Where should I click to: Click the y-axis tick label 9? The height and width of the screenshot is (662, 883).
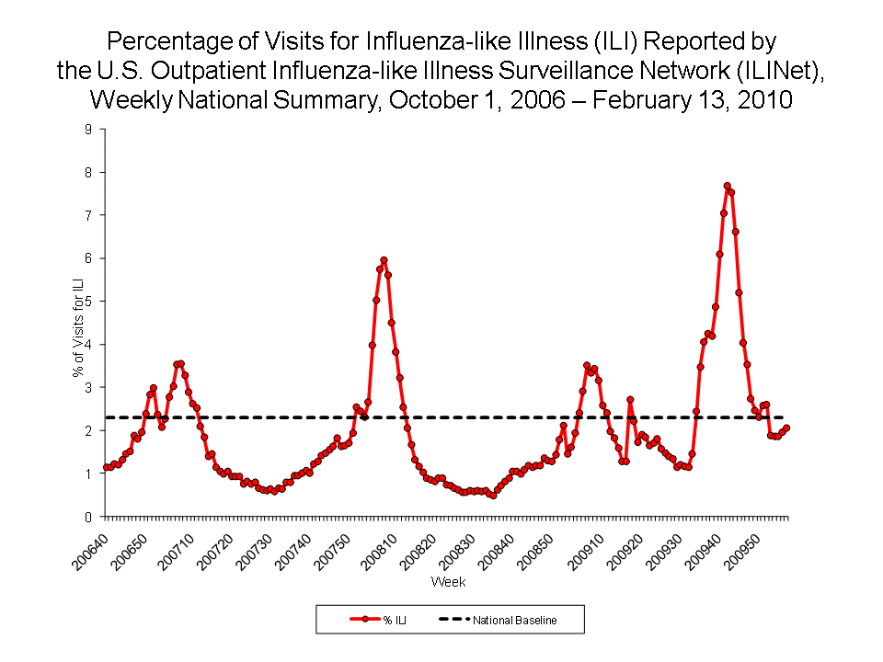88,130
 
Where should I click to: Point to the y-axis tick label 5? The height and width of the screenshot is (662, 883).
88,302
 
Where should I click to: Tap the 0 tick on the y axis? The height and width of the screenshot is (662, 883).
88,517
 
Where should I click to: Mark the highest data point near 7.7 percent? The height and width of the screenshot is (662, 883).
727,186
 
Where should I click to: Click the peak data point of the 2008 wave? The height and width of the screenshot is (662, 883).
384,260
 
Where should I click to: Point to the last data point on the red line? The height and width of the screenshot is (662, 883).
786,428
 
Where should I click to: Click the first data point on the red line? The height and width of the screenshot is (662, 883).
106,467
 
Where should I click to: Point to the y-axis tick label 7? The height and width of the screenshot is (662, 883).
88,215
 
